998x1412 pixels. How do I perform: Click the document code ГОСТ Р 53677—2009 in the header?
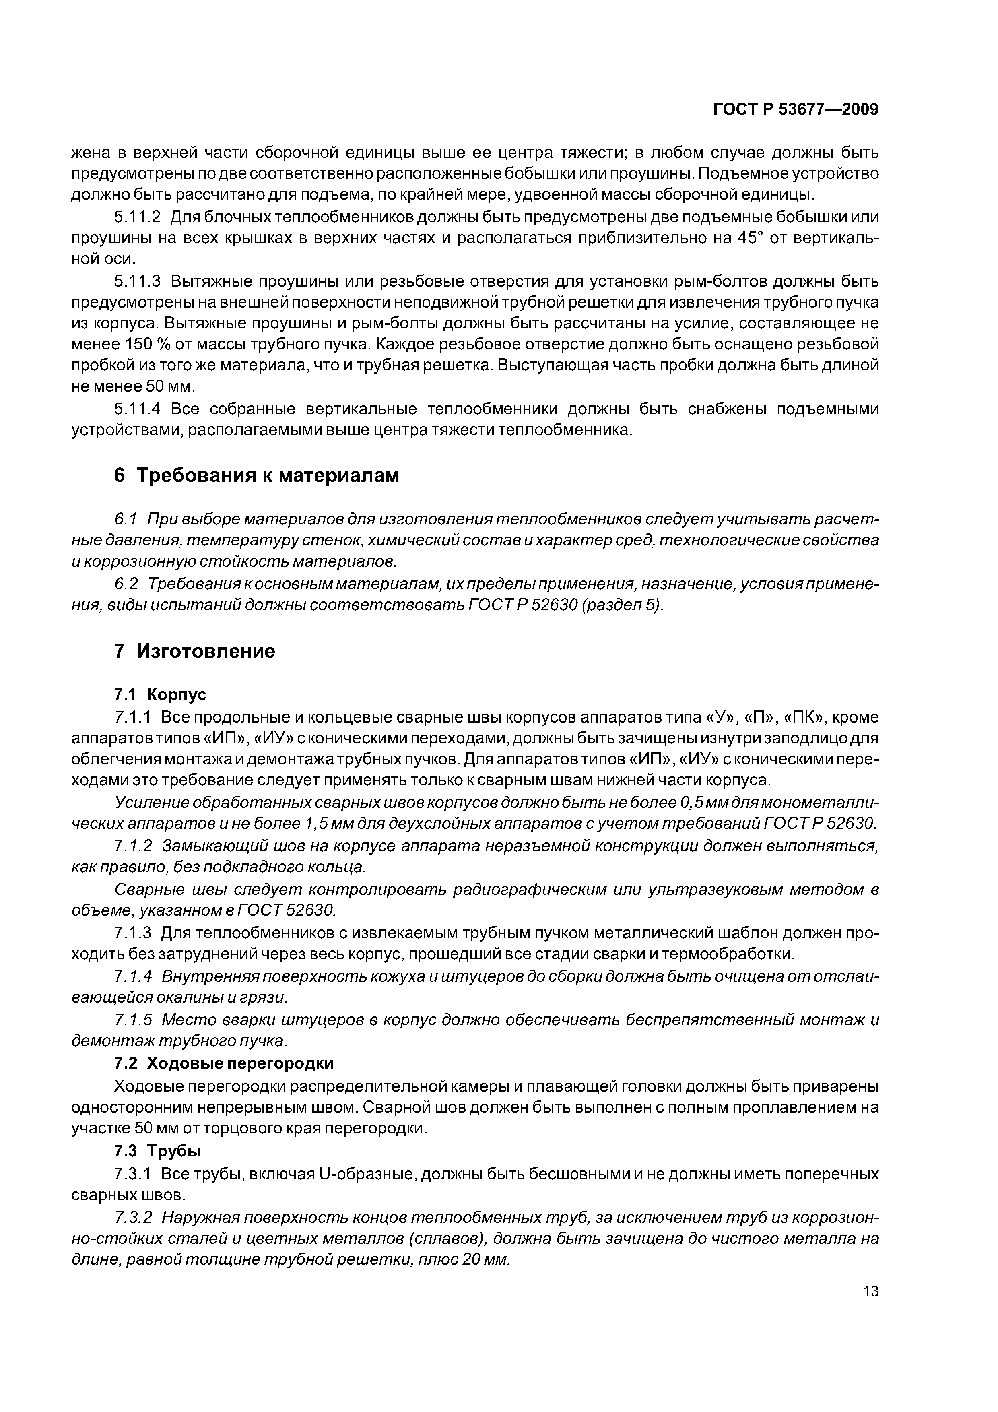click(795, 109)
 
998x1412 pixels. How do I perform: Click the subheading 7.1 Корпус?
click(160, 695)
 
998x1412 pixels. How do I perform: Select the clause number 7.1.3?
click(133, 933)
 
